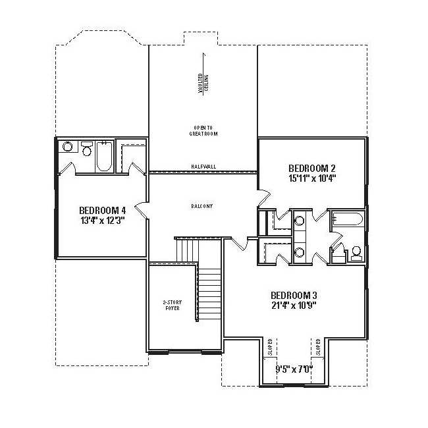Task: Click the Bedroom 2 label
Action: click(x=312, y=168)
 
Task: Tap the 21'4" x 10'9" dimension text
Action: click(x=294, y=306)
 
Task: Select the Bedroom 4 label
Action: click(x=103, y=211)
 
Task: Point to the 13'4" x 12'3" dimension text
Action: click(x=103, y=221)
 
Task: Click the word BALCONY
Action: click(x=201, y=206)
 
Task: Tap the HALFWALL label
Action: click(x=203, y=167)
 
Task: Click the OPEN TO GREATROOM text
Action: click(x=203, y=131)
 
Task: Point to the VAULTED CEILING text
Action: click(x=203, y=83)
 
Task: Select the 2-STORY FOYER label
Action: click(x=173, y=305)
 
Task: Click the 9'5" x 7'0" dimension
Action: click(x=294, y=369)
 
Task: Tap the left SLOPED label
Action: click(x=270, y=347)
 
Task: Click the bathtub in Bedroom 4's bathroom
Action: click(x=104, y=157)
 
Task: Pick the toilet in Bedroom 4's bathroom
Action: click(x=87, y=149)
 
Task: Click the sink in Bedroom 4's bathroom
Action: click(x=67, y=147)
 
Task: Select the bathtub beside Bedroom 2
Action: click(x=347, y=219)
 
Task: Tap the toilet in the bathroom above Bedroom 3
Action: click(x=356, y=253)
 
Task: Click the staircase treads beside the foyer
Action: click(x=209, y=294)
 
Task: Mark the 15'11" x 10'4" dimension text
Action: click(x=312, y=178)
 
